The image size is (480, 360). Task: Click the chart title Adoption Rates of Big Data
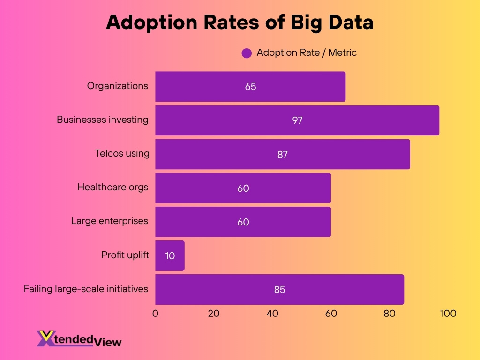coord(240,22)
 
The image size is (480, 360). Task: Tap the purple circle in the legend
coord(247,53)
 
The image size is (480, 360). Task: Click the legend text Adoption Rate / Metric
coord(307,52)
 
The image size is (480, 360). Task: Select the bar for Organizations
coord(250,87)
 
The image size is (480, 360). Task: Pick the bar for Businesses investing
coord(297,120)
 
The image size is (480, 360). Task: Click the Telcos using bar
coord(282,154)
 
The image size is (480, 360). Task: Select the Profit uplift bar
coord(170,255)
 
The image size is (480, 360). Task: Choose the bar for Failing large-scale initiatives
coord(279,289)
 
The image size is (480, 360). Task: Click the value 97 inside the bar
coord(297,120)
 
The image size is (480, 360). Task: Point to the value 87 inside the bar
coord(282,154)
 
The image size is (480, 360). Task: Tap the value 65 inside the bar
coord(250,87)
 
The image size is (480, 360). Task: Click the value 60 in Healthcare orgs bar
coord(243,188)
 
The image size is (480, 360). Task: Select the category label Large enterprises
coord(110,221)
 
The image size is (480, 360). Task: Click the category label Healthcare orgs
coord(112,187)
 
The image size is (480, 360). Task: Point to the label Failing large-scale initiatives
coord(86,289)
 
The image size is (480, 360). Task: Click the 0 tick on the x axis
coord(155,314)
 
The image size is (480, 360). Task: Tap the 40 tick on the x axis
coord(272,314)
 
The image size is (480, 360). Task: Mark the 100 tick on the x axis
coord(448,314)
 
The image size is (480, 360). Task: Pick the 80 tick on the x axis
coord(390,314)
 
